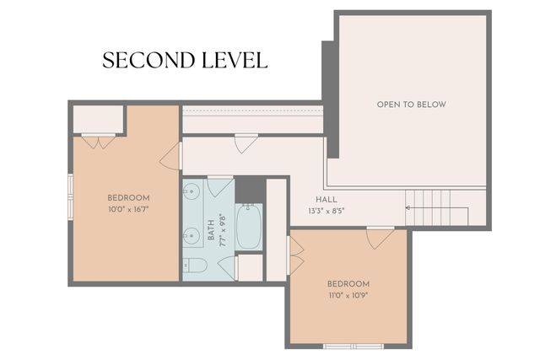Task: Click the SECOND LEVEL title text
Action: click(185, 61)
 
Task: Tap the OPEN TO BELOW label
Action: click(411, 105)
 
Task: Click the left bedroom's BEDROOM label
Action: click(128, 197)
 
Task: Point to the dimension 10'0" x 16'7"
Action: click(128, 209)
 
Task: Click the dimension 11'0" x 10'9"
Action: click(348, 297)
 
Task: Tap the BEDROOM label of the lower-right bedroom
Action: click(348, 285)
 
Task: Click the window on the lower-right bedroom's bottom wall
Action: click(354, 346)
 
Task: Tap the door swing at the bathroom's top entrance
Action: click(246, 142)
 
